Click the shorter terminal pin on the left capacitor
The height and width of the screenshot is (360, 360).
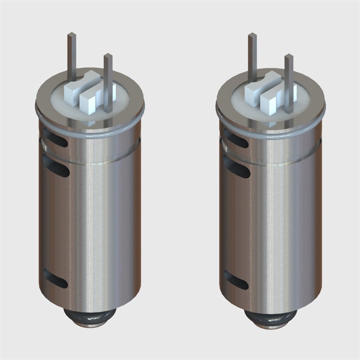108,80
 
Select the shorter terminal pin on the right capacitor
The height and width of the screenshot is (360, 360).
288,80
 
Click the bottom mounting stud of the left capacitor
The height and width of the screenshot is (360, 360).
90,317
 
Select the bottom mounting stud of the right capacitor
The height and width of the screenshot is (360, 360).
270,317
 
